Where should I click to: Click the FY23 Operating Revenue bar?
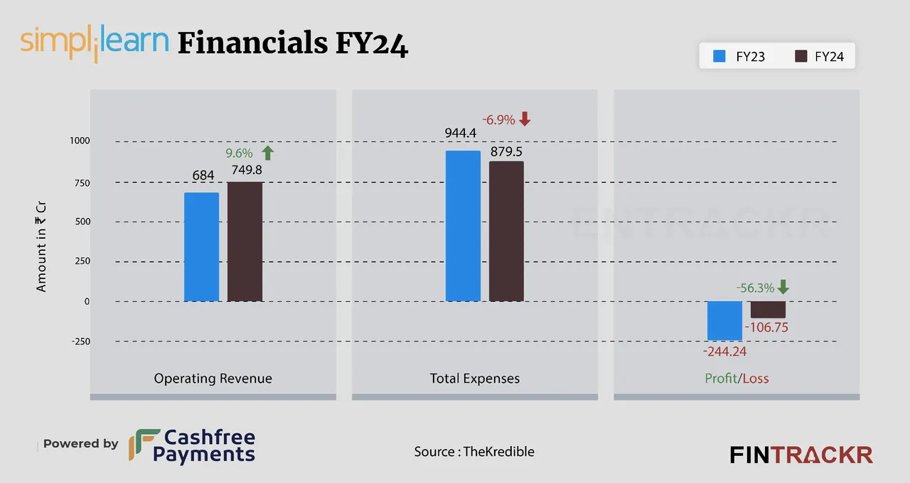coord(201,247)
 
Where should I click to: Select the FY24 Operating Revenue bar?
coord(245,241)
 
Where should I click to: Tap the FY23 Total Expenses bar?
coord(463,226)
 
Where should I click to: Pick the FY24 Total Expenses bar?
coord(506,232)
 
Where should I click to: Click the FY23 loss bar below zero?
coord(724,320)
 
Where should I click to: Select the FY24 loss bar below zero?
coord(768,310)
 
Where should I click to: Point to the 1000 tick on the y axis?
coord(80,141)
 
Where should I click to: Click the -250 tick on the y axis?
coord(80,341)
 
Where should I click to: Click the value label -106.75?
coord(766,328)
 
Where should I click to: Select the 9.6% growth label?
coord(239,153)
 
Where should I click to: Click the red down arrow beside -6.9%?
coord(525,119)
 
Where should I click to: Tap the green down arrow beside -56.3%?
coord(783,287)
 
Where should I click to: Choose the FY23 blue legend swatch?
coord(718,56)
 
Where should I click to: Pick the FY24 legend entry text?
coord(828,57)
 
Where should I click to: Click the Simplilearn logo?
coord(95,43)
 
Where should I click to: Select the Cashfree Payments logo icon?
coord(144,445)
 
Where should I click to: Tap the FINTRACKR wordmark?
coord(801,455)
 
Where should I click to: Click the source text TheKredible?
coord(498,452)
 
